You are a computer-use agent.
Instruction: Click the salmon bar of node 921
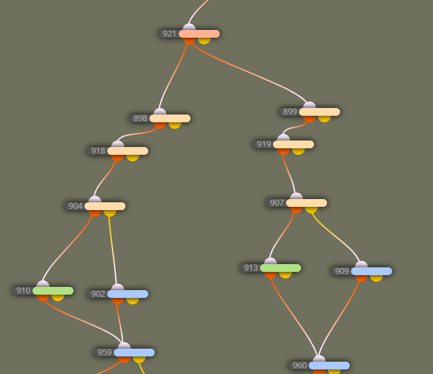coord(199,34)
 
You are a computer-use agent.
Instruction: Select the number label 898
coord(140,118)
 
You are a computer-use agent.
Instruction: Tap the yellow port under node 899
coord(324,119)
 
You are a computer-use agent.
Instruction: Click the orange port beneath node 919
coord(283,152)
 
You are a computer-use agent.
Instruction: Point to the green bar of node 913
coord(280,268)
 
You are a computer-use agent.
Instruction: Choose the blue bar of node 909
coord(371,271)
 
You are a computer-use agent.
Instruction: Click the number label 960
coord(300,366)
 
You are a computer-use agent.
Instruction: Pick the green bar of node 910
coord(53,291)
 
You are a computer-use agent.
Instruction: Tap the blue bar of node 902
coord(127,294)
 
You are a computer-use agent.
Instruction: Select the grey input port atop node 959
coord(124,345)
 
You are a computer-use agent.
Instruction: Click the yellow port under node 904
coord(110,213)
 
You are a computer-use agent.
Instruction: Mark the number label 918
coord(98,151)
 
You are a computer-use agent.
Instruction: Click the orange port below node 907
coord(296,210)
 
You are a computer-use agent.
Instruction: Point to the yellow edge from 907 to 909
coord(336,236)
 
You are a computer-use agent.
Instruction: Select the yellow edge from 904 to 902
coord(112,250)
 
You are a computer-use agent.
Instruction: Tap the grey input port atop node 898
coord(160,111)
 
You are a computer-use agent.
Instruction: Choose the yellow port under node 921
coord(204,41)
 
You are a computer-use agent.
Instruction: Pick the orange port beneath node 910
coord(43,298)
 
